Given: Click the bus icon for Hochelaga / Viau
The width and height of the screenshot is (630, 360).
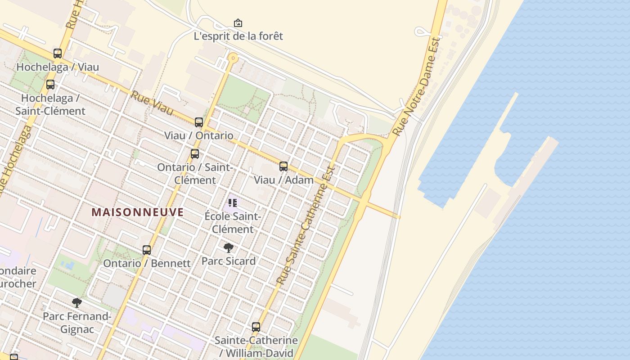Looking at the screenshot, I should tap(58, 54).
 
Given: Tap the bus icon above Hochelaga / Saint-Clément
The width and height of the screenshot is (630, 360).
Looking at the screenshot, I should tap(50, 85).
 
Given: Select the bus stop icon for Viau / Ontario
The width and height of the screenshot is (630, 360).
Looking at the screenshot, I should tap(199, 122).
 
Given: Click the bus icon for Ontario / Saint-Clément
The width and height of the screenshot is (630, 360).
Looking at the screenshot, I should tap(195, 154).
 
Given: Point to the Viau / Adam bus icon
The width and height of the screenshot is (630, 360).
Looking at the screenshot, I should tap(283, 166).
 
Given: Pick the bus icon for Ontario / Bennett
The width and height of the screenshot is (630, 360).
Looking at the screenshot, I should tap(147, 250).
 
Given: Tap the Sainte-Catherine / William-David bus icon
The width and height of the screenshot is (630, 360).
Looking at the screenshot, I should tap(256, 327).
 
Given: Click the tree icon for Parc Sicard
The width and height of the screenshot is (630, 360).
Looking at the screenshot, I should tap(229, 247).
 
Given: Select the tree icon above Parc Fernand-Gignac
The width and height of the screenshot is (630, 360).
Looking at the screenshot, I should tap(77, 302).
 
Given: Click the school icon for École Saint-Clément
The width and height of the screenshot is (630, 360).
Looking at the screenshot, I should tap(233, 203).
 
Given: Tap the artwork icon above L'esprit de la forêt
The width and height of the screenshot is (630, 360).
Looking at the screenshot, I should tap(238, 23).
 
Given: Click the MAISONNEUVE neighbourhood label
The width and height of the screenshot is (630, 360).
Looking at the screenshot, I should tap(138, 212).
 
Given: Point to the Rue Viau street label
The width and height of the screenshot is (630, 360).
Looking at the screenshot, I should tap(152, 103).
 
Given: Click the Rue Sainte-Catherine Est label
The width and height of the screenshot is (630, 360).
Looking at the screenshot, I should tap(306, 225).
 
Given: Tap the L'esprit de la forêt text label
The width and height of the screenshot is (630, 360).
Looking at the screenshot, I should tap(238, 36).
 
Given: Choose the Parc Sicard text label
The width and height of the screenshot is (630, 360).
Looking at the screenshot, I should tap(229, 261).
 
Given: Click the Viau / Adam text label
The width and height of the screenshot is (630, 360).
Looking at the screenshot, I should tap(283, 180).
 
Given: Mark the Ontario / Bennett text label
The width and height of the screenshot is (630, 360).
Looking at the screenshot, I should tap(147, 263).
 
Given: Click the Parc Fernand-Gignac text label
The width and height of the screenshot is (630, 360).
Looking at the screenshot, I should tap(77, 323).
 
